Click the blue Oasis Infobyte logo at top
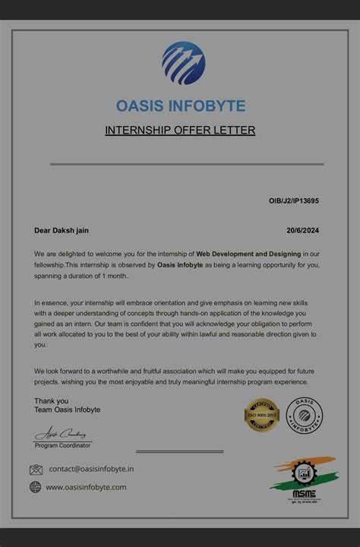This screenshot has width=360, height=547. pyautogui.click(x=183, y=62)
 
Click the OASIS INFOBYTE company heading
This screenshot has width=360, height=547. pyautogui.click(x=181, y=106)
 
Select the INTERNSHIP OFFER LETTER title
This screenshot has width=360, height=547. pyautogui.click(x=180, y=130)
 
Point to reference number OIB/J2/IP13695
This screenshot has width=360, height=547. pyautogui.click(x=293, y=201)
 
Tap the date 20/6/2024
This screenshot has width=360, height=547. pyautogui.click(x=302, y=230)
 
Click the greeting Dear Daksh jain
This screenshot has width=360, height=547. pyautogui.click(x=66, y=230)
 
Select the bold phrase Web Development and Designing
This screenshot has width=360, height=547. pyautogui.click(x=248, y=253)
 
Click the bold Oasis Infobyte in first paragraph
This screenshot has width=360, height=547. pyautogui.click(x=183, y=264)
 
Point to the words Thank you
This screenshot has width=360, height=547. pyautogui.click(x=51, y=400)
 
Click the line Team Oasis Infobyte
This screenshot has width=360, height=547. pyautogui.click(x=67, y=409)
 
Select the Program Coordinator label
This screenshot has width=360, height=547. pyautogui.click(x=62, y=444)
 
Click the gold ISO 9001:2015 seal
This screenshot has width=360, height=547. pyautogui.click(x=262, y=415)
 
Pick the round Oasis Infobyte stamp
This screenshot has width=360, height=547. pyautogui.click(x=305, y=415)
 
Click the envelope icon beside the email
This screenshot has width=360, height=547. pyautogui.click(x=36, y=470)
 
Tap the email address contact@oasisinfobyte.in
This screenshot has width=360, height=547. pyautogui.click(x=91, y=470)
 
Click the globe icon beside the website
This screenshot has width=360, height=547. pyautogui.click(x=36, y=487)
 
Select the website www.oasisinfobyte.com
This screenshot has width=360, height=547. pyautogui.click(x=86, y=487)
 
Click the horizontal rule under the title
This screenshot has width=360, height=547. pyautogui.click(x=187, y=163)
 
